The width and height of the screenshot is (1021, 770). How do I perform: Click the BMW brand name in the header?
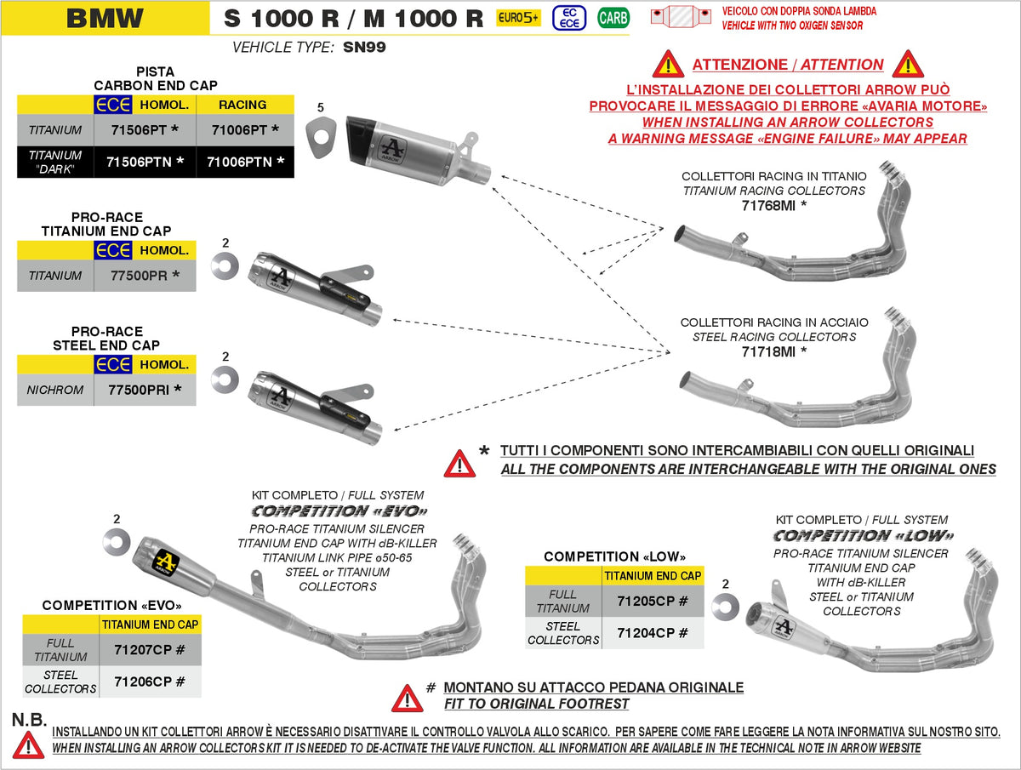tap(105, 17)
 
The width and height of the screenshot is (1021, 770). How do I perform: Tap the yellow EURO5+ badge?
tap(518, 17)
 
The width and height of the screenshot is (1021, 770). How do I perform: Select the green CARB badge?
tap(613, 17)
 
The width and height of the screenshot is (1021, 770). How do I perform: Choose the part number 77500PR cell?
tap(145, 276)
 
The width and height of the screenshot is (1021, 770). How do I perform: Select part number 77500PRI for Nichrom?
tap(145, 390)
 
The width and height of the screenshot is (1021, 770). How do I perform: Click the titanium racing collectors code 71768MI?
tap(773, 206)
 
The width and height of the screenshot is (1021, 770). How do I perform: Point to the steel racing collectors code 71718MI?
tap(773, 351)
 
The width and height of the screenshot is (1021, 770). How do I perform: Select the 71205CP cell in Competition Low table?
tap(653, 601)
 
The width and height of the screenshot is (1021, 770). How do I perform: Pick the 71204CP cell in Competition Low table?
tap(653, 633)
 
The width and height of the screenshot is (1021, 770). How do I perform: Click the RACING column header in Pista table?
tap(243, 105)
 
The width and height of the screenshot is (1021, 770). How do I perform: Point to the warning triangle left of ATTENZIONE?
tap(668, 64)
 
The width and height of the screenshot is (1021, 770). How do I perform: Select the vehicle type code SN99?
tap(364, 48)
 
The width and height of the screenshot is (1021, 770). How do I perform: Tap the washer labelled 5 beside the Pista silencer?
tap(322, 137)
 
